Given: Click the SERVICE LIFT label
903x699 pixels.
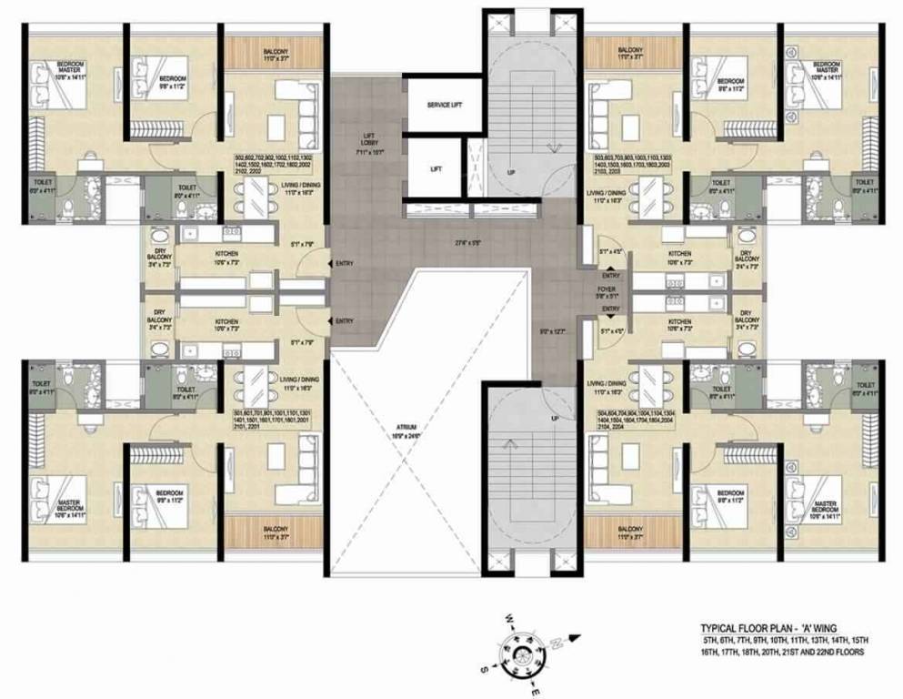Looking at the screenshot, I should pyautogui.click(x=445, y=106).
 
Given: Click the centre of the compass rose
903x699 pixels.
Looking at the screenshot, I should pyautogui.click(x=525, y=654).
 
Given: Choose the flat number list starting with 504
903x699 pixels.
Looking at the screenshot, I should pyautogui.click(x=634, y=420).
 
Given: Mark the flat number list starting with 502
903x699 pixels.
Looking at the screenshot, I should pyautogui.click(x=273, y=164).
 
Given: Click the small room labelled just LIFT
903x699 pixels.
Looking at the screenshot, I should pyautogui.click(x=436, y=168).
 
